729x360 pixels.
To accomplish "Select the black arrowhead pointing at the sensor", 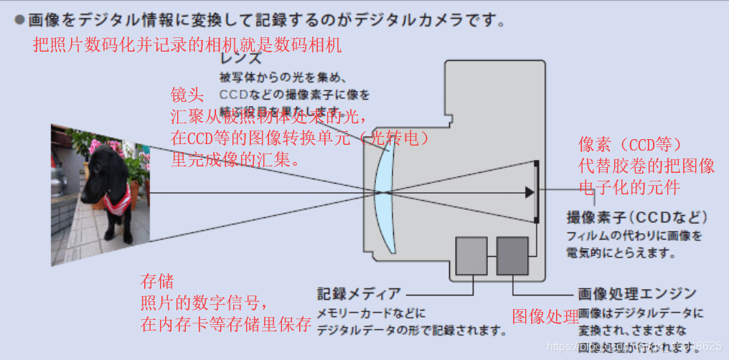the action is pos(530,192).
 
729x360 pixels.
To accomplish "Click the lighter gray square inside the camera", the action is pos(471,256).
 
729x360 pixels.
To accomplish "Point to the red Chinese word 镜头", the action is pos(187,95).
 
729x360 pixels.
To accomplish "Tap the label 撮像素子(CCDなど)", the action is pos(636,217).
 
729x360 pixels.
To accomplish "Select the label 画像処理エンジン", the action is pos(636,294).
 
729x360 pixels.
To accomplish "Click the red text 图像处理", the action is pos(545,316).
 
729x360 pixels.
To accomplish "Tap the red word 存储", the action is pos(157,280).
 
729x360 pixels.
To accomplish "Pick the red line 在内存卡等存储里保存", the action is pos(226,324).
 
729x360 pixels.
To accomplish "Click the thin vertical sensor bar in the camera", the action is pos(537,192).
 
